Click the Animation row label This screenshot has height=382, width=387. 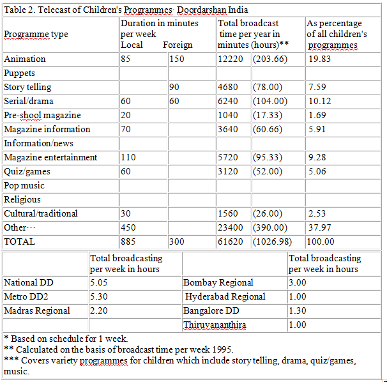pos(25,59)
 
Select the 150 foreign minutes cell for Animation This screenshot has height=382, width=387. pos(177,59)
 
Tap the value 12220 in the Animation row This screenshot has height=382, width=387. pos(231,59)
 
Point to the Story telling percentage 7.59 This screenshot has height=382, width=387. pos(317,87)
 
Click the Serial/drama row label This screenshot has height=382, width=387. pos(29,101)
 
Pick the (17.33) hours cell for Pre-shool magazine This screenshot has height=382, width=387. pos(268,116)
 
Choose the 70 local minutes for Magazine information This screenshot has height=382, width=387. pos(126,130)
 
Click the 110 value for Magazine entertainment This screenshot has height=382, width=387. pos(128,158)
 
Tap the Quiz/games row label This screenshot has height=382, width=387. pos(27,172)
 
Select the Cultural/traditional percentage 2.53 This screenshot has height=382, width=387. pos(317,213)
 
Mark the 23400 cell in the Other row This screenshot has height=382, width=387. pos(231,227)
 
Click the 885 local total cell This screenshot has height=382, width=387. pos(128,241)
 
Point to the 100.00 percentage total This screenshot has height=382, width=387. pos(321,241)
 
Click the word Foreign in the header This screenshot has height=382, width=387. pos(178,45)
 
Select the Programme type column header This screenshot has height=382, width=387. pos(36,34)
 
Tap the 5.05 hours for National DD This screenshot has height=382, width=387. pos(99,282)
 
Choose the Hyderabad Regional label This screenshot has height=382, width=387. pos(225,296)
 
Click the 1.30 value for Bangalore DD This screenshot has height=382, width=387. pos(298,310)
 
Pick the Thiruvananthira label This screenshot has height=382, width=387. pos(215,325)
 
